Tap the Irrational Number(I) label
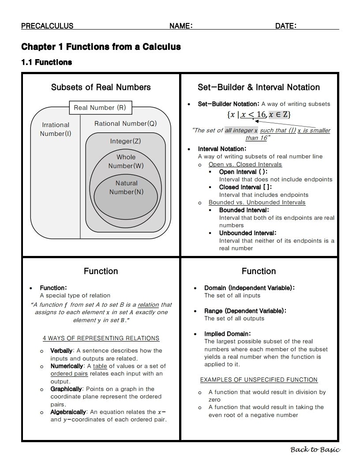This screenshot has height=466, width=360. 56,129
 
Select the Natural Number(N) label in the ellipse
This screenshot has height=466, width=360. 127,188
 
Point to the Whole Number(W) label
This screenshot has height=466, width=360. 126,162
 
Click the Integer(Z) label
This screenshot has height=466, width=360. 125,141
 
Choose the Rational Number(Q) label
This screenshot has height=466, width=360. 125,124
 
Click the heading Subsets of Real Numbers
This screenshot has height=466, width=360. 101,87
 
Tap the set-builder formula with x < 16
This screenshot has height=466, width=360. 259,115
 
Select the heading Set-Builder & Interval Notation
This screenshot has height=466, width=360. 259,87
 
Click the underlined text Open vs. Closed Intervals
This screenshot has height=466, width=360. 245,164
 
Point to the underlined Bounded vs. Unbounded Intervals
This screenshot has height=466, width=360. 257,203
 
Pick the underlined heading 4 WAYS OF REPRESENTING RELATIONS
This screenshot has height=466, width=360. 101,338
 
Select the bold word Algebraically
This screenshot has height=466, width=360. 68,412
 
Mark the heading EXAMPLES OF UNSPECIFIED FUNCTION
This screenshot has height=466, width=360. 259,380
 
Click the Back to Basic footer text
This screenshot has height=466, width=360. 315,450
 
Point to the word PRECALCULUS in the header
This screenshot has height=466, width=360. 47,26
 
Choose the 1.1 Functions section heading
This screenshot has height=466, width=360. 47,62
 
